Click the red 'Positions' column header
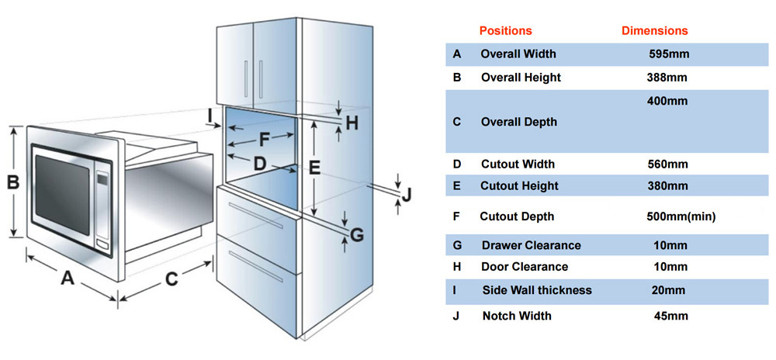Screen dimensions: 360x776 tap(505, 31)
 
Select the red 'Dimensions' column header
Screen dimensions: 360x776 tap(655, 31)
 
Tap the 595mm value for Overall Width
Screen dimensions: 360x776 tap(669, 54)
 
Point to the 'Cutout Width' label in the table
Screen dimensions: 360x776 tap(518, 164)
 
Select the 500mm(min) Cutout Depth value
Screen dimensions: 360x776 tap(681, 216)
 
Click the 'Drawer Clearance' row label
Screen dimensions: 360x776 tap(531, 245)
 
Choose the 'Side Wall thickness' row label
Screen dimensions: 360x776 tap(536, 290)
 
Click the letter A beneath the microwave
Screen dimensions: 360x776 tap(68, 278)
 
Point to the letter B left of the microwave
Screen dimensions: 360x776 tap(13, 183)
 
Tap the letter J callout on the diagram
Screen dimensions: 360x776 tap(407, 193)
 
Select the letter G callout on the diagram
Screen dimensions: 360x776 tap(357, 234)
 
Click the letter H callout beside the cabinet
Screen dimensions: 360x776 tap(352, 123)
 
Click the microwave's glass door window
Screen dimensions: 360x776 tap(64, 193)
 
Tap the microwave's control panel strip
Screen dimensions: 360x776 tap(102, 202)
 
